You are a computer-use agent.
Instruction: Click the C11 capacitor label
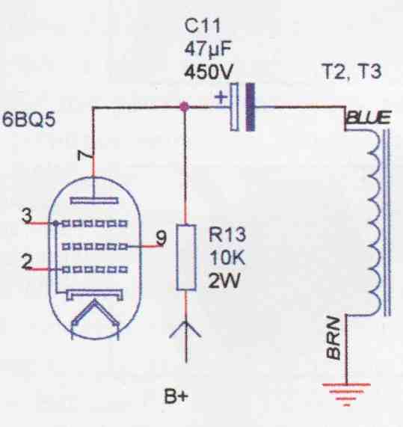click(x=202, y=26)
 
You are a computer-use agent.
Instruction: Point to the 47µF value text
click(x=208, y=49)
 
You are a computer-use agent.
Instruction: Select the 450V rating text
click(x=209, y=73)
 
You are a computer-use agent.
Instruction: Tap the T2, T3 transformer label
click(x=352, y=72)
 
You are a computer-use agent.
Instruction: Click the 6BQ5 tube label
click(x=29, y=120)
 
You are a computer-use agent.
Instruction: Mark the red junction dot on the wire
click(x=185, y=106)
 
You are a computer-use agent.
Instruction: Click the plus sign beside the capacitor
click(x=221, y=97)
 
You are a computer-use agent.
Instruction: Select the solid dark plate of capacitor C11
click(x=250, y=107)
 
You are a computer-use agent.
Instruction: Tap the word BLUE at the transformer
click(x=369, y=117)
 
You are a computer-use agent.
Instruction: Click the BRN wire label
click(x=333, y=338)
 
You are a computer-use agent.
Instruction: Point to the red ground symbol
click(x=347, y=394)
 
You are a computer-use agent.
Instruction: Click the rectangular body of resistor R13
click(x=186, y=257)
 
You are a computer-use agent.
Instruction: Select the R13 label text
click(x=227, y=234)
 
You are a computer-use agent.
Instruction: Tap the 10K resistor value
click(x=227, y=257)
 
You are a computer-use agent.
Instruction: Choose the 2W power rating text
click(x=224, y=280)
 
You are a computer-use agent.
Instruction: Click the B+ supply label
click(x=176, y=396)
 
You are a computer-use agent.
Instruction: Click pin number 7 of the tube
click(x=84, y=156)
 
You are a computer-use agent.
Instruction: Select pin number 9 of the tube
click(x=161, y=238)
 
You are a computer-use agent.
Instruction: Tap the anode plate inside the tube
click(x=94, y=200)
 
